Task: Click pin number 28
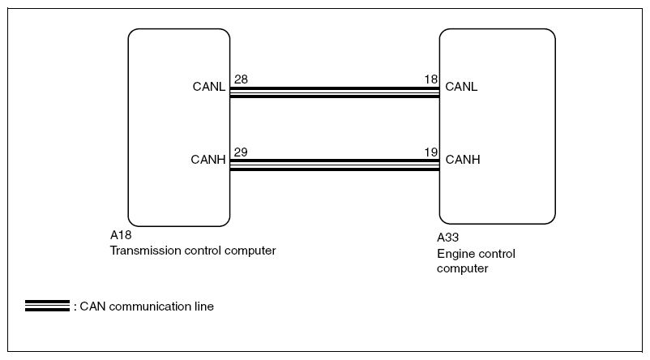[x=241, y=79]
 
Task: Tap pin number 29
[x=241, y=152]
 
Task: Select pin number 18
[x=431, y=79]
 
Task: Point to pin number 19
[x=431, y=152]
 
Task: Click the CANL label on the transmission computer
[x=209, y=87]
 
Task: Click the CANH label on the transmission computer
[x=208, y=160]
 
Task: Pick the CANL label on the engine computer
[x=461, y=87]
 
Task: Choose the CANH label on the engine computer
[x=463, y=160]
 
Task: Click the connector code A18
[x=121, y=235]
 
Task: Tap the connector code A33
[x=447, y=238]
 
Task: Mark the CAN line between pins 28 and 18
[x=335, y=92]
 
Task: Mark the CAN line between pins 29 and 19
[x=335, y=165]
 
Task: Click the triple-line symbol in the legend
[x=47, y=306]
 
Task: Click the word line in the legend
[x=204, y=306]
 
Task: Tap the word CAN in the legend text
[x=93, y=306]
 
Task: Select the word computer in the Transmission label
[x=250, y=251]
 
